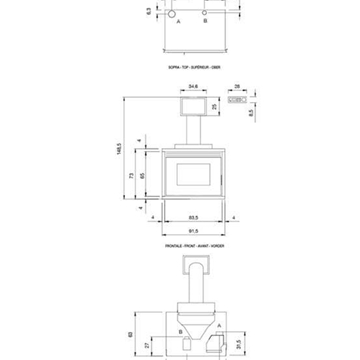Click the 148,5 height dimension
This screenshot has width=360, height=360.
tap(118, 151)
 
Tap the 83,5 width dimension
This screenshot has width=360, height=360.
tap(192, 216)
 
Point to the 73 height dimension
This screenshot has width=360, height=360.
tap(134, 176)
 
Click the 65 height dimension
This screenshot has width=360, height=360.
tap(144, 176)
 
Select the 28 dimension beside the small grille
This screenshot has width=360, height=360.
tap(236, 86)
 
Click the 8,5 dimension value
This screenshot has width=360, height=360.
tap(250, 113)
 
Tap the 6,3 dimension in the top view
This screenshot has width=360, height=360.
tap(148, 10)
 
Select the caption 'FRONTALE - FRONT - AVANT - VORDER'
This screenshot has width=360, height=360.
tap(194, 244)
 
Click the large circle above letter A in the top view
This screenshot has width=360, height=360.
tap(174, 13)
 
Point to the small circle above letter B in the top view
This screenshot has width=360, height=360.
tap(205, 13)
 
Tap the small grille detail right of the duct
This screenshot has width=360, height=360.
tap(236, 99)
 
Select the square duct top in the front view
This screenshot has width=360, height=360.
tap(192, 105)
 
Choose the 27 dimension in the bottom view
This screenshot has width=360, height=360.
tap(148, 345)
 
